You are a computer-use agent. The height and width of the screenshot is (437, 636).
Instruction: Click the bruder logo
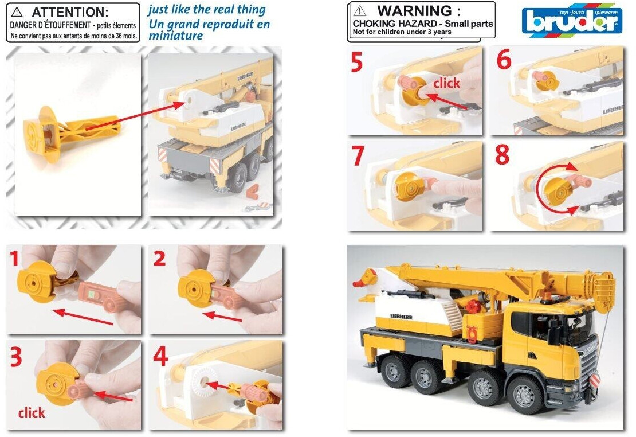click(x=572, y=21)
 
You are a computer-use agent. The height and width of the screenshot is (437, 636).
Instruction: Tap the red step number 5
click(x=357, y=63)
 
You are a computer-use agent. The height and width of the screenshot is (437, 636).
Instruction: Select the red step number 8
click(x=502, y=155)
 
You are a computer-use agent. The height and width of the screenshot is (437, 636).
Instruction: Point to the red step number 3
click(x=15, y=357)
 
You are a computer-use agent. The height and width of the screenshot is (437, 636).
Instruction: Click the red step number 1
click(x=14, y=259)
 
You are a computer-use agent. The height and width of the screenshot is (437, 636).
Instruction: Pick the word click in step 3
click(x=32, y=413)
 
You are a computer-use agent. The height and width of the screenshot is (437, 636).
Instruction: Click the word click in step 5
click(x=446, y=83)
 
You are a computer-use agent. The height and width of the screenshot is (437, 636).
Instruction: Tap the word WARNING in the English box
click(x=419, y=10)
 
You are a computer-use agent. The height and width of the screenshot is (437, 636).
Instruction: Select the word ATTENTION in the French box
click(x=70, y=12)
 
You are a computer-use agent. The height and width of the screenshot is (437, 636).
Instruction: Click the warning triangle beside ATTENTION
click(x=17, y=12)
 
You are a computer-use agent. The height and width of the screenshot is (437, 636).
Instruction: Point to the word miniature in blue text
click(x=176, y=36)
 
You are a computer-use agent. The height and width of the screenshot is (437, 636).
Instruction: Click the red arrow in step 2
click(x=223, y=316)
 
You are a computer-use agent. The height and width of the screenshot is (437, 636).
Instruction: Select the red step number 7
click(x=358, y=156)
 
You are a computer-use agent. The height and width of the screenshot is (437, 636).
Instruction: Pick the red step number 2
click(x=159, y=259)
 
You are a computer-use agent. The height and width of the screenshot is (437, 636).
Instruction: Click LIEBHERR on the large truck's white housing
click(x=401, y=317)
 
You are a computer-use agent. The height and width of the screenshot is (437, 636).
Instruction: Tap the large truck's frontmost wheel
click(x=524, y=394)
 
